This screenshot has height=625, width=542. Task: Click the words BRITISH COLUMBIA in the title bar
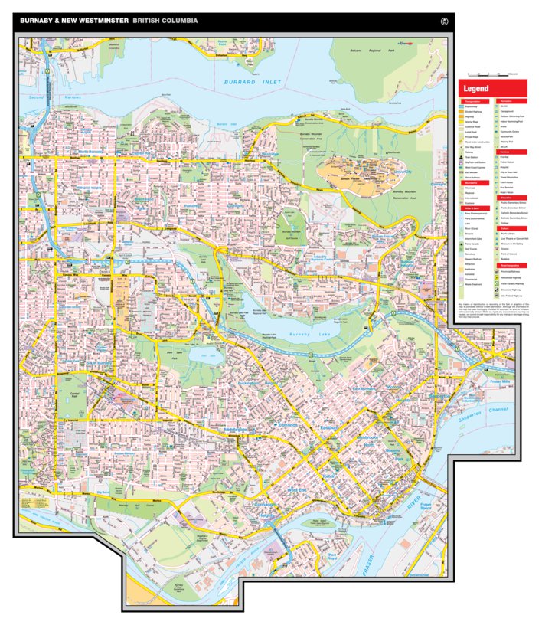tap(165, 21)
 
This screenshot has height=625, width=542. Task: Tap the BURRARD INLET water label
tap(253, 82)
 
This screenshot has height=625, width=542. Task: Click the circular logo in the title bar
tap(441, 21)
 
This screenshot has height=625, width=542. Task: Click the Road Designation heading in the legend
tap(511, 265)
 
